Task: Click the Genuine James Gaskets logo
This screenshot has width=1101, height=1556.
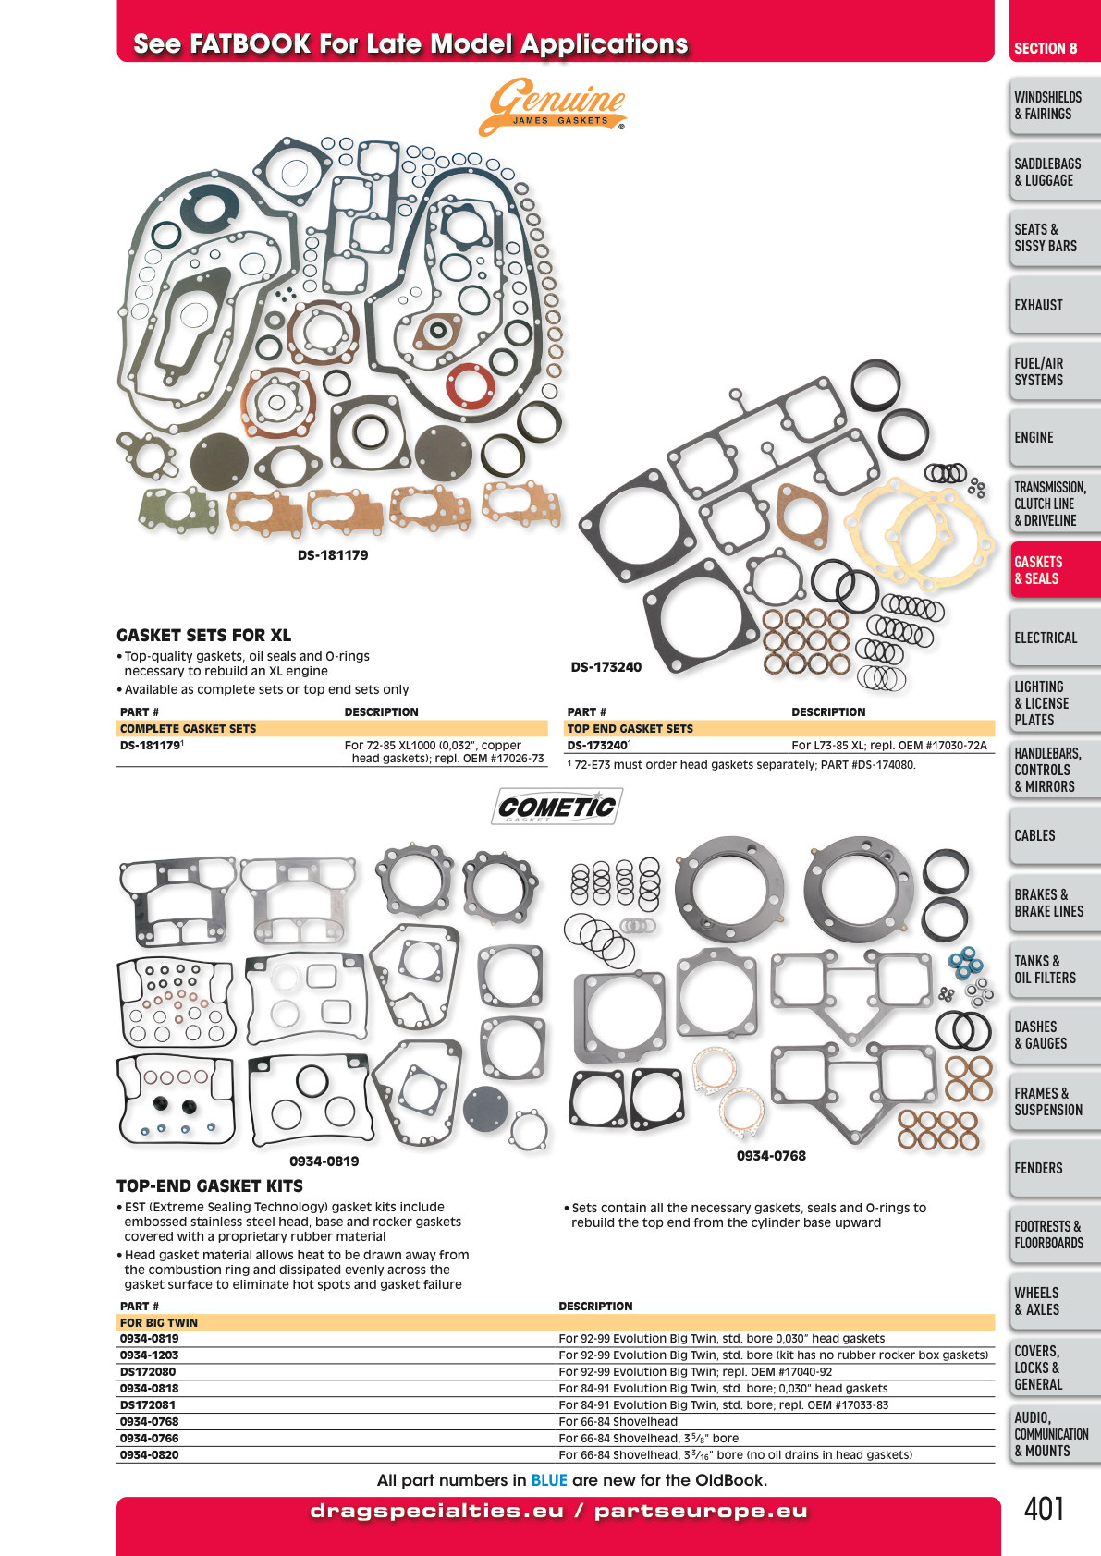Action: pos(553,106)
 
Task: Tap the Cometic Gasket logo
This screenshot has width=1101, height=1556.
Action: pos(557,807)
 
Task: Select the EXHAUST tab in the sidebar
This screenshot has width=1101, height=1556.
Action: pos(1054,305)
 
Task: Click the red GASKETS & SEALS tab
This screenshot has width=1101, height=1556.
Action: pos(1054,569)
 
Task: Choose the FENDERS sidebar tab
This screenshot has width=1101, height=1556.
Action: pos(1054,1169)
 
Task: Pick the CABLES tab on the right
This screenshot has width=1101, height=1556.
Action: pos(1054,835)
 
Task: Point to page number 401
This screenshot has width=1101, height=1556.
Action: pos(1044,1509)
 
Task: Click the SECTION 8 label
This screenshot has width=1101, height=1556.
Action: pos(1046,48)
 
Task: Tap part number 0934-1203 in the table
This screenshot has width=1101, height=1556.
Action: pos(150,1355)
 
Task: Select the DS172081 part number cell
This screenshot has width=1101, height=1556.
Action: pos(147,1405)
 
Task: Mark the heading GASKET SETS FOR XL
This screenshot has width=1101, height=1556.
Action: pos(203,635)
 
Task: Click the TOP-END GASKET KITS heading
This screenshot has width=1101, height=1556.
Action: pos(210,1185)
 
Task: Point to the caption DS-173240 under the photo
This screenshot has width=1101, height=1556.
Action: pos(606,667)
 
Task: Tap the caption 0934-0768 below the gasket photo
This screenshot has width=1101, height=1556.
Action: pos(772,1156)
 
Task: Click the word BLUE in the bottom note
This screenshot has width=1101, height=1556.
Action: pos(549,1480)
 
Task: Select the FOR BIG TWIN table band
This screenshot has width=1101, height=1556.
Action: pos(556,1322)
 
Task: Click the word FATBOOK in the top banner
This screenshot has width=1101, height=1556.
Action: pos(251,43)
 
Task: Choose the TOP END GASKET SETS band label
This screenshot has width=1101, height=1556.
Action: pos(630,729)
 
